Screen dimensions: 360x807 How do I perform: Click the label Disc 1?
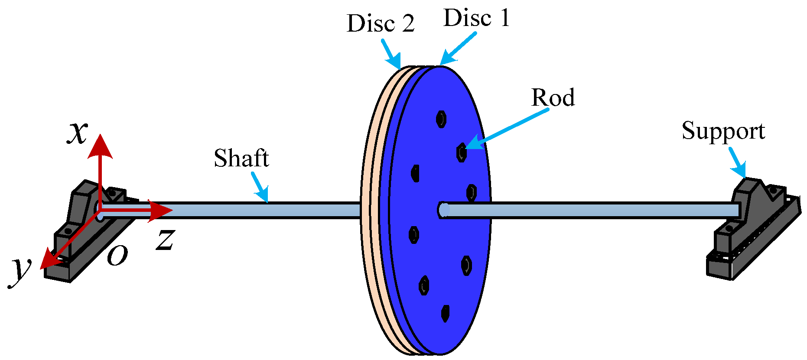476,19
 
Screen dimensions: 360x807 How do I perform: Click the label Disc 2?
380,23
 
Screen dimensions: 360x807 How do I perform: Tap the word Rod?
553,98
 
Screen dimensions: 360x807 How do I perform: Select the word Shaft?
241,159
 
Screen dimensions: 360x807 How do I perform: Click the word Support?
723,131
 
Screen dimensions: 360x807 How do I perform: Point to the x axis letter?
78,132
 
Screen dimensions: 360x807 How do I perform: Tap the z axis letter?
165,240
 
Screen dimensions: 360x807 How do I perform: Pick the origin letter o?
117,256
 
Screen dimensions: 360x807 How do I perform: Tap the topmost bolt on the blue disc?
441,119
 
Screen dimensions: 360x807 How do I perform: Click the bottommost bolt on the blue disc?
445,313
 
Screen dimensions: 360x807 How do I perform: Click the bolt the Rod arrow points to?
462,152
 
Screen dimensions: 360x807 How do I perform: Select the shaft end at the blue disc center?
443,210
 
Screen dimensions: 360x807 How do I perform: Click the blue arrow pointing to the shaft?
260,188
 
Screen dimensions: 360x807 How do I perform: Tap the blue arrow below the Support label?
737,163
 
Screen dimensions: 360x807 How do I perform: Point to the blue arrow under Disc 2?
391,55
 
